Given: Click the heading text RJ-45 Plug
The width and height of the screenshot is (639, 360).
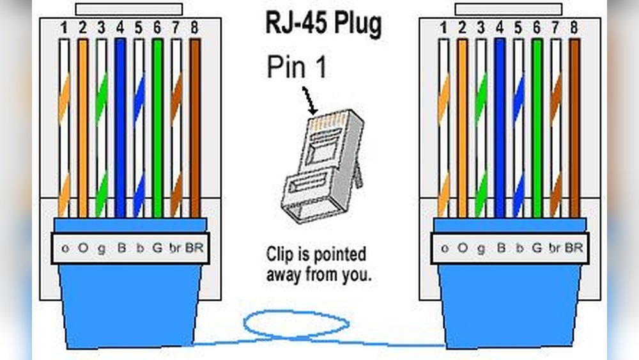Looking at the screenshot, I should (x=323, y=25).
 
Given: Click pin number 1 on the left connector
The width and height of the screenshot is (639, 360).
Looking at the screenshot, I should (x=63, y=27).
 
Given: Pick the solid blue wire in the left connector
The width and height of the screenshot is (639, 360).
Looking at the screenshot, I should (x=120, y=128).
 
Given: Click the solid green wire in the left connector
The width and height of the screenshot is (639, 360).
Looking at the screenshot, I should (x=157, y=128).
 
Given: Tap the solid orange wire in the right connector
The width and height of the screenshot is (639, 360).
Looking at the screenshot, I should (x=463, y=128).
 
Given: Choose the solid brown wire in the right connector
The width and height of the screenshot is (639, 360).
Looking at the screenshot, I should (x=574, y=128).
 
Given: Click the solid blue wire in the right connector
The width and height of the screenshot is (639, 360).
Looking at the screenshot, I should (x=500, y=128).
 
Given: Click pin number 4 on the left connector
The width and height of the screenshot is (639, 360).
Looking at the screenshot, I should (x=120, y=27).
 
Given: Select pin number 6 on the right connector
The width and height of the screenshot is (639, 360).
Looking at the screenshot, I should (x=536, y=27).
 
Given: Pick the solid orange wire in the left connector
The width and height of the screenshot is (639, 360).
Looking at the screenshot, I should (x=82, y=128).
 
